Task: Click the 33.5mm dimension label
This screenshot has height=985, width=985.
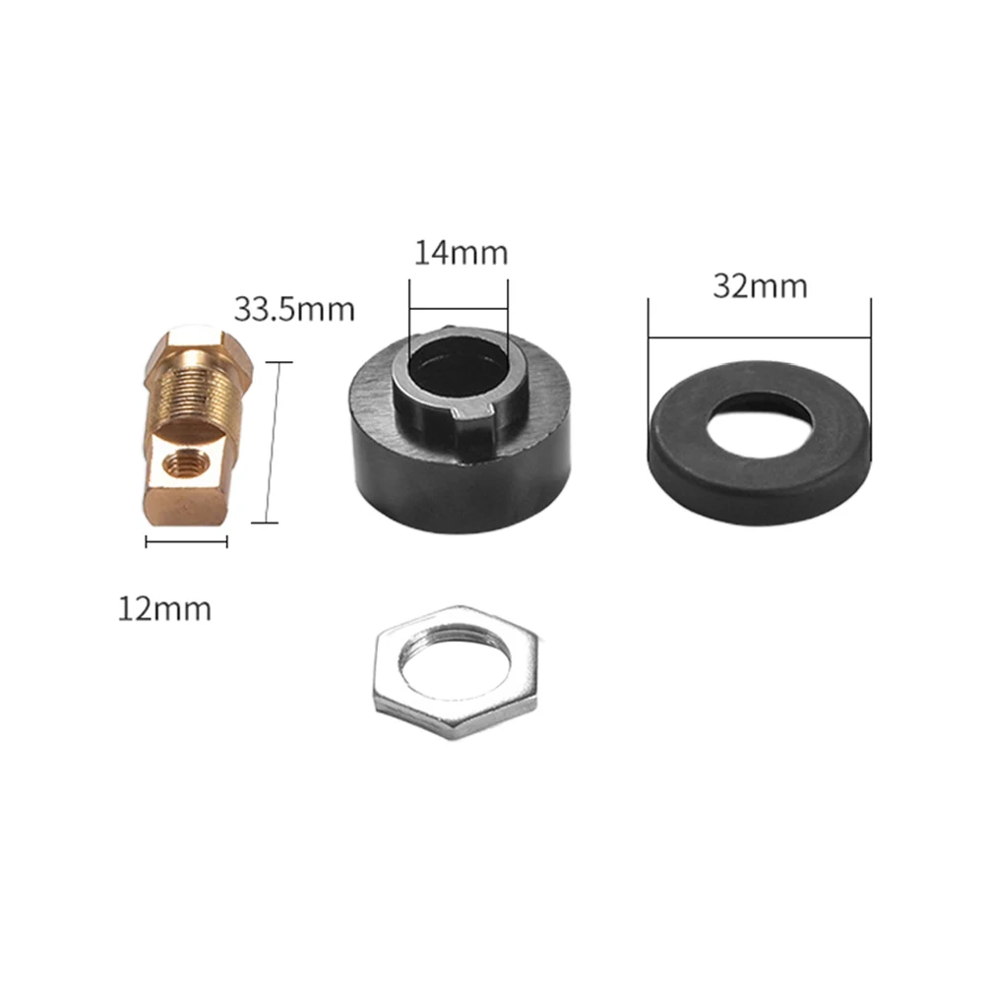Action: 294,309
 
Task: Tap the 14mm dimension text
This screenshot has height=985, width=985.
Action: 461,253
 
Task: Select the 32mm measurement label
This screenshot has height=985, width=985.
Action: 760,286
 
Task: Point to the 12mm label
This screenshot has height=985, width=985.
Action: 164,609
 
